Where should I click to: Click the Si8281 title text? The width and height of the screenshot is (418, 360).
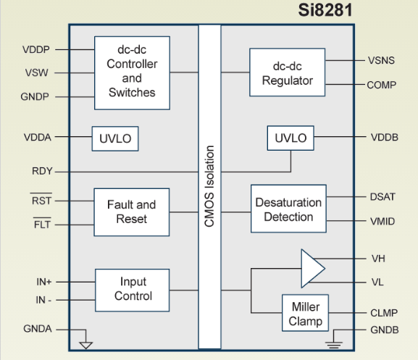point(325,10)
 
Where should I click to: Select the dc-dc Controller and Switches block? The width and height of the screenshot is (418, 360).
point(133,72)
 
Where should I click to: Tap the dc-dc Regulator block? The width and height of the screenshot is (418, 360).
point(288,72)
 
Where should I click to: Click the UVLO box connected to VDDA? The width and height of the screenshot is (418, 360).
point(115,138)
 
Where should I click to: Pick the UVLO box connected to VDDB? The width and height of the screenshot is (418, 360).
point(290,138)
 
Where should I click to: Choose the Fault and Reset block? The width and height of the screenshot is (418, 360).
point(132,212)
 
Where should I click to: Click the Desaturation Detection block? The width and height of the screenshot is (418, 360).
point(288,209)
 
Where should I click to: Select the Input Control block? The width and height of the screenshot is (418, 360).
point(133,290)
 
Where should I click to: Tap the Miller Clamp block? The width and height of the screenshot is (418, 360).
point(305,313)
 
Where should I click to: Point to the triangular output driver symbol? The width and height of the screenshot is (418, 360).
point(312,269)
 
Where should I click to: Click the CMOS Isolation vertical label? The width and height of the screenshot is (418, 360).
point(209,186)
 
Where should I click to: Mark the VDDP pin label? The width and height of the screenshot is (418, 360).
point(36,49)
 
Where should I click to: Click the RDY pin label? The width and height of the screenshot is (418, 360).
point(42,171)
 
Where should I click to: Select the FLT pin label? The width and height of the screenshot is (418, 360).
point(42,225)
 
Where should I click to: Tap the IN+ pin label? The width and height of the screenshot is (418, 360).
point(43,282)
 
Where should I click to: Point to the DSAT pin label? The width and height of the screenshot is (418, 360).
point(383,197)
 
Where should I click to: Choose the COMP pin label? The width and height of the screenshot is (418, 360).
point(382,85)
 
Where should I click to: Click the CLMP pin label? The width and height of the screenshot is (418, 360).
point(384,313)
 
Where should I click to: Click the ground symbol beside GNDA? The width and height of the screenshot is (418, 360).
point(85,345)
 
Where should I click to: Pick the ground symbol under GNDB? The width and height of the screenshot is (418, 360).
point(333,345)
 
